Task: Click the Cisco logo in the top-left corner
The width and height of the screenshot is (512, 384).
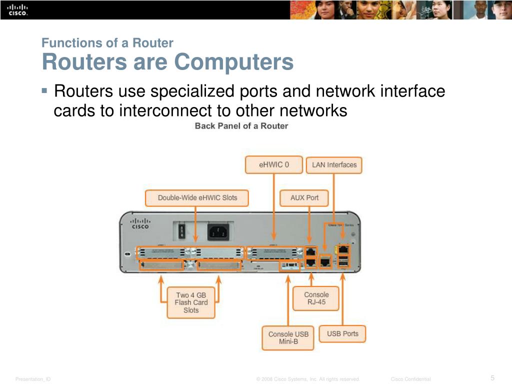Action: pyautogui.click(x=17, y=10)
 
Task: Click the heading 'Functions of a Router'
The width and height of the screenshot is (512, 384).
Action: pyautogui.click(x=107, y=43)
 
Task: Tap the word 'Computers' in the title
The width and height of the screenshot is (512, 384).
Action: pyautogui.click(x=233, y=62)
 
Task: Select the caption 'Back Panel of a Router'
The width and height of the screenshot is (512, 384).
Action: pyautogui.click(x=241, y=126)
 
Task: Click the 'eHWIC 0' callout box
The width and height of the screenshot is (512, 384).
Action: pyautogui.click(x=273, y=164)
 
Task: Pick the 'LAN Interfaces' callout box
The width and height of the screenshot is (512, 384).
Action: pyautogui.click(x=334, y=164)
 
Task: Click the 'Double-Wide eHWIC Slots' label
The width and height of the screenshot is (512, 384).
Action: pyautogui.click(x=197, y=197)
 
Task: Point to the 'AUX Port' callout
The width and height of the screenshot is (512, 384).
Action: pyautogui.click(x=304, y=197)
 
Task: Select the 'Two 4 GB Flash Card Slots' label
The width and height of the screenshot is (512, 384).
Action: pyautogui.click(x=191, y=302)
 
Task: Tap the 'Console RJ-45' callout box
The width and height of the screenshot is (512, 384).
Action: pyautogui.click(x=316, y=298)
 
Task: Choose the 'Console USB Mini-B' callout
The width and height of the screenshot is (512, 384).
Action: pyautogui.click(x=288, y=338)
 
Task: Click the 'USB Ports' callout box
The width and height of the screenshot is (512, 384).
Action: pyautogui.click(x=342, y=333)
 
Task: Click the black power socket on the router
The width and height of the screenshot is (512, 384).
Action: pyautogui.click(x=218, y=231)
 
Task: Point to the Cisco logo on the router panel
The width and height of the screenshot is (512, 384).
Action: pyautogui.click(x=140, y=223)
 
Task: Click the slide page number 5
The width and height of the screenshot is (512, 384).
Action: pyautogui.click(x=492, y=377)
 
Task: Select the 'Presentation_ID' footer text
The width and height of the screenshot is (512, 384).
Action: pyautogui.click(x=33, y=379)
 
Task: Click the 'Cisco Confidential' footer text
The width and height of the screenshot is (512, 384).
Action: pyautogui.click(x=410, y=379)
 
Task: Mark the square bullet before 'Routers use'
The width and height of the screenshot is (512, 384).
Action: pyautogui.click(x=44, y=91)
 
